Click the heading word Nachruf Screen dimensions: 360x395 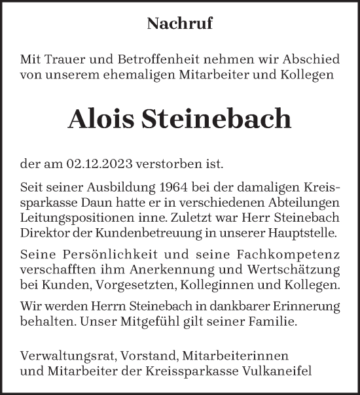(x=180, y=24)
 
